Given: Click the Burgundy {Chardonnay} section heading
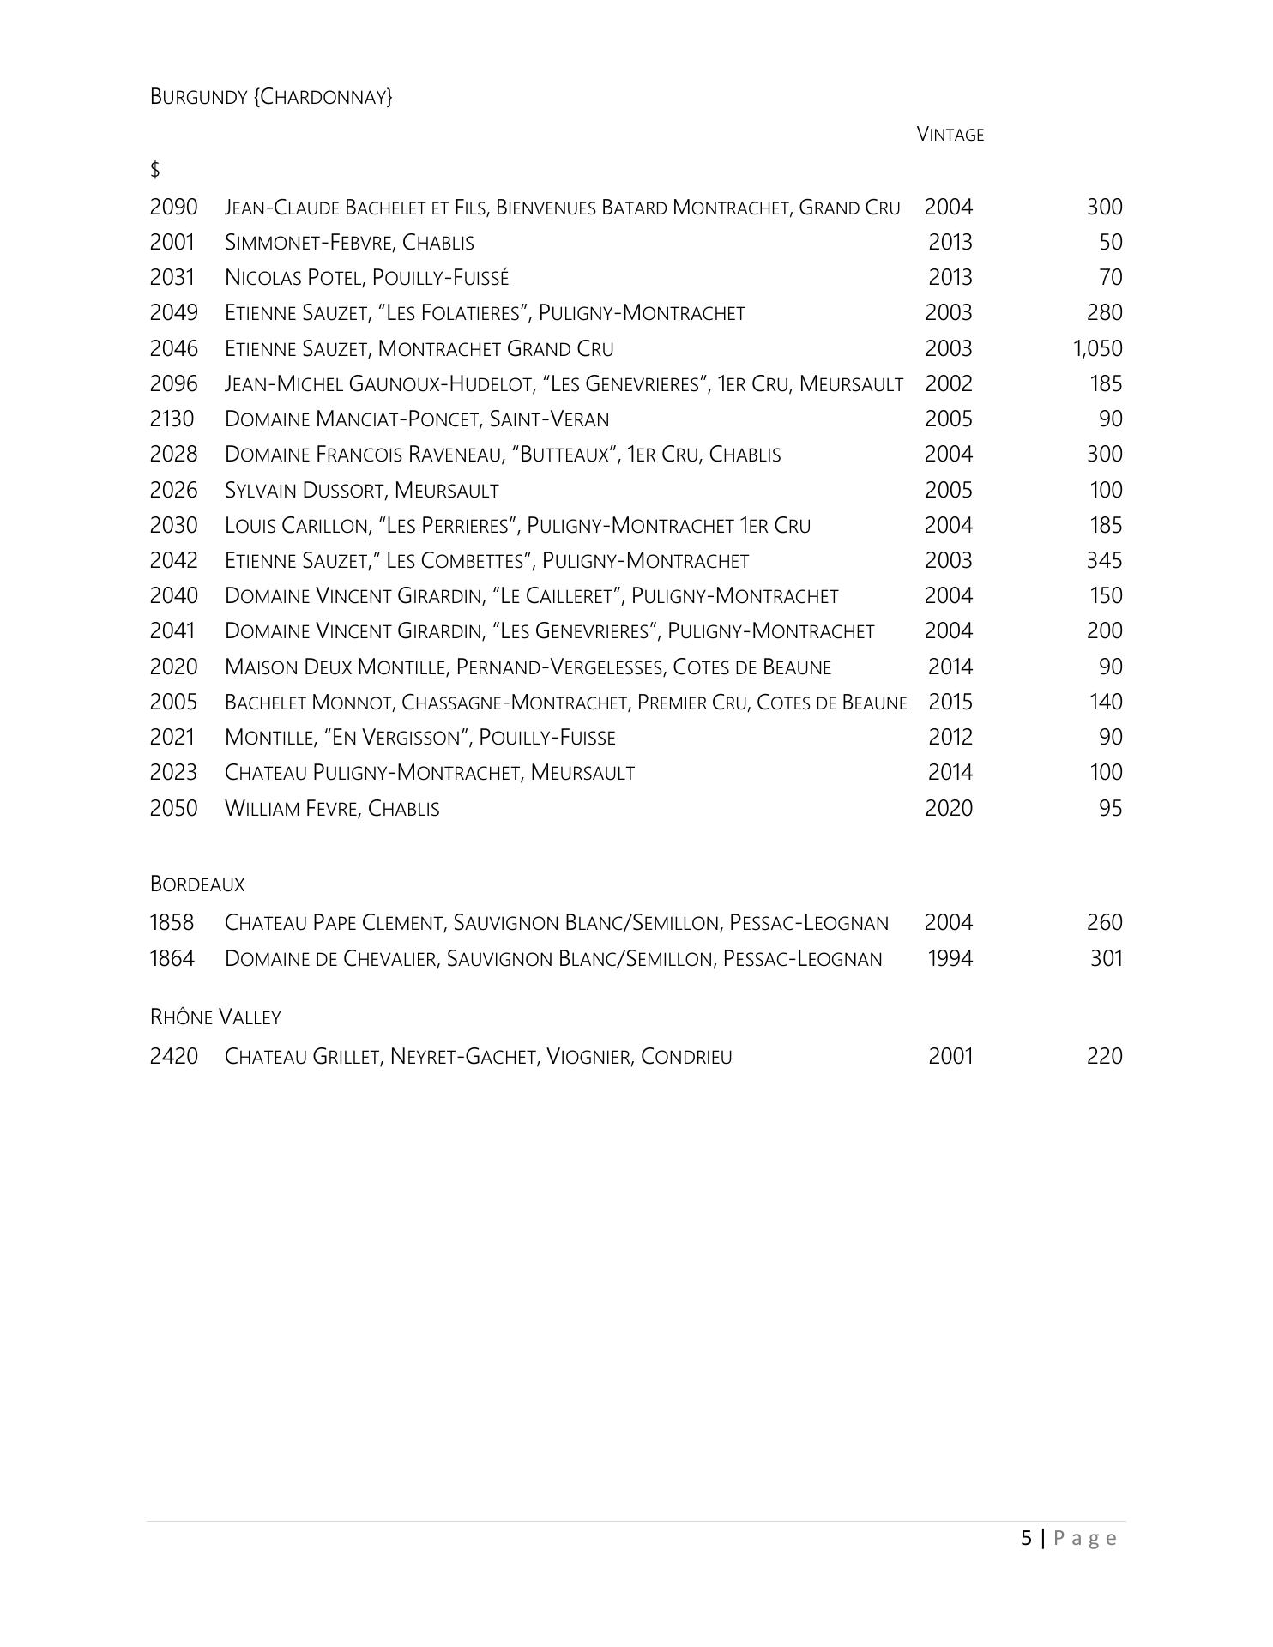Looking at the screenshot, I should point(271,97).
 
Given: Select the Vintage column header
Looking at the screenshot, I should point(950,135).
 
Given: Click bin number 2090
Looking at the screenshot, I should point(173,207).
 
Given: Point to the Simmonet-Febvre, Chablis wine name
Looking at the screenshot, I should point(349,243).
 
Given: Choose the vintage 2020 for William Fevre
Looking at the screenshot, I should point(949,808).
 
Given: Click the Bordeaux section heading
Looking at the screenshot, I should point(197,884).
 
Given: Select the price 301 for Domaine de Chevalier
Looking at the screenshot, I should point(1106,958).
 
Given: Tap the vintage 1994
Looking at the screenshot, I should point(950,958).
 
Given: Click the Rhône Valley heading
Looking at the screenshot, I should point(215,1017).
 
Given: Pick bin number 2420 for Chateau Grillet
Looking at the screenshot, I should point(173,1056).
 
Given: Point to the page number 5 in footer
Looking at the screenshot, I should point(1027,1538).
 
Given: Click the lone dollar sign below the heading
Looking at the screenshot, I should point(155,170).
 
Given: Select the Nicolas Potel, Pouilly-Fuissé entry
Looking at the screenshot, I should point(366,278).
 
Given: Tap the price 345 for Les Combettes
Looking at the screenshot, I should point(1104,560).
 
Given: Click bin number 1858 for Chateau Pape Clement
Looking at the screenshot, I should point(172,922).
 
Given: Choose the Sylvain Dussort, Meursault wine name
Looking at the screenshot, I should point(361,490).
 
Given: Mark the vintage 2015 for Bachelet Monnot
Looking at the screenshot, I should point(950,702).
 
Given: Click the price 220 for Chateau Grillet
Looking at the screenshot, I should point(1104,1056).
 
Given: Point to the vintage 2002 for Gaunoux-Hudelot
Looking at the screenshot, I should point(949,383).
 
